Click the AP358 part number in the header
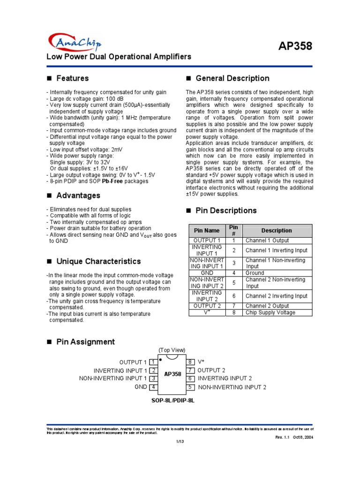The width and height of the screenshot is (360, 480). pyautogui.click(x=295, y=46)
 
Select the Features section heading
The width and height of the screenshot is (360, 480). pyautogui.click(x=72, y=78)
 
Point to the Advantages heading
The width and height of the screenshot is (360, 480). pyautogui.click(x=78, y=195)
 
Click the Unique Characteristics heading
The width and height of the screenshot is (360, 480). pyautogui.click(x=98, y=261)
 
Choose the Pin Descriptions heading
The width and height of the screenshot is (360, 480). pyautogui.click(x=226, y=210)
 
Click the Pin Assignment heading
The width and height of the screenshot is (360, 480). pyautogui.click(x=85, y=342)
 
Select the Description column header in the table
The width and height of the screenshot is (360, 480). pyautogui.click(x=277, y=230)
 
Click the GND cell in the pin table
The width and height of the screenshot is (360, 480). pyautogui.click(x=207, y=272)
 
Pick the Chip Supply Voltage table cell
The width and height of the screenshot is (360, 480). pyautogui.click(x=270, y=312)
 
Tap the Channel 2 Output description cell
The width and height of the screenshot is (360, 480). pyautogui.click(x=267, y=306)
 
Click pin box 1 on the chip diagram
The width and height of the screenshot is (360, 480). pyautogui.click(x=153, y=362)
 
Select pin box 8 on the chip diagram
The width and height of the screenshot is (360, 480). pyautogui.click(x=190, y=362)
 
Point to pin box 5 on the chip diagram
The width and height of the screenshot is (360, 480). pyautogui.click(x=190, y=387)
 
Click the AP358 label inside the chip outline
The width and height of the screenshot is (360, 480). pyautogui.click(x=172, y=375)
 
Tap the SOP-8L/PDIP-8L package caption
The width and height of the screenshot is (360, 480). pyautogui.click(x=172, y=401)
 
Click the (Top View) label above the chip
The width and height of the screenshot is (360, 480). pyautogui.click(x=172, y=350)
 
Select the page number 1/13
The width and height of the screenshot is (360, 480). pyautogui.click(x=180, y=442)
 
